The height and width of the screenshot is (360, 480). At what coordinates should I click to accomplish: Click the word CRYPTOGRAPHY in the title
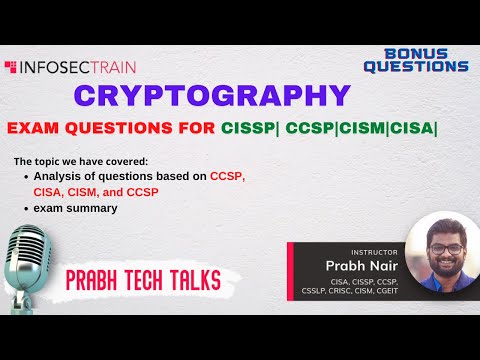[x=214, y=98]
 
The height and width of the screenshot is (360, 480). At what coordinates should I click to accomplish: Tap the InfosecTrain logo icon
[x=10, y=68]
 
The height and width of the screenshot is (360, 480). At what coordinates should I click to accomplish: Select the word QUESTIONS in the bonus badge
[x=416, y=66]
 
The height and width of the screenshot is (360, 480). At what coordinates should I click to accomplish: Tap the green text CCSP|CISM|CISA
[x=361, y=129]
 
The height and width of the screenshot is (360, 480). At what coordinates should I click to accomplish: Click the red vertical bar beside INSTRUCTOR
[x=291, y=268]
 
